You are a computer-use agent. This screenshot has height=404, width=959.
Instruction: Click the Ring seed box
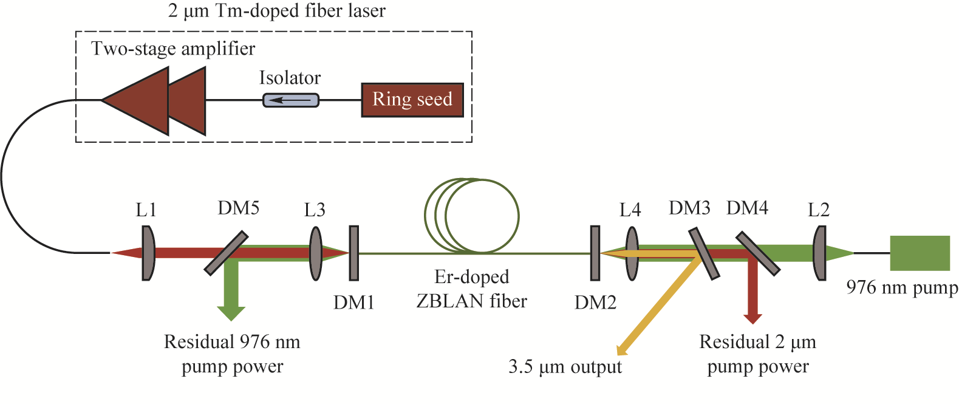[x=412, y=100]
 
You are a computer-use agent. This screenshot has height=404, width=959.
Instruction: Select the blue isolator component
[x=290, y=100]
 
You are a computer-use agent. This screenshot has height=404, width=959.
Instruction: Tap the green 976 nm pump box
[x=920, y=253]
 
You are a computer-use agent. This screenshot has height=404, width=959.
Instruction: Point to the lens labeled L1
[x=148, y=253]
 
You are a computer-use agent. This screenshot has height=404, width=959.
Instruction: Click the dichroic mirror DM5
[x=226, y=253]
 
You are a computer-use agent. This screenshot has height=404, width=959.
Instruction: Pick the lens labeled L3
[x=316, y=253]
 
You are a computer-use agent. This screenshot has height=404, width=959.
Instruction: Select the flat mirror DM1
[x=353, y=253]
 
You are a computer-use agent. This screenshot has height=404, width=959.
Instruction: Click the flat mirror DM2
[x=595, y=253]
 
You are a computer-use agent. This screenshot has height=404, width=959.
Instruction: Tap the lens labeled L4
[x=632, y=253]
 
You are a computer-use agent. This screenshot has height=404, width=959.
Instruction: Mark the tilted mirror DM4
[x=757, y=253]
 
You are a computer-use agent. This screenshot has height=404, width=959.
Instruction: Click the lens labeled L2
[x=820, y=253]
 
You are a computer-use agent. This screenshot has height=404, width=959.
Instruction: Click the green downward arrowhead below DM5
[x=231, y=313]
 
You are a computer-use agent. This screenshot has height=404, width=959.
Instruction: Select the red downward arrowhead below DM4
[x=753, y=318]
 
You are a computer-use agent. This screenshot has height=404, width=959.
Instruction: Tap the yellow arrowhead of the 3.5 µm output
[x=621, y=350]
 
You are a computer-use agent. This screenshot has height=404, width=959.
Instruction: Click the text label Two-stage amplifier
[x=173, y=49]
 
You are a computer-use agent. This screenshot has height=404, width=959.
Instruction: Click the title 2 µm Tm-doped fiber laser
[x=276, y=11]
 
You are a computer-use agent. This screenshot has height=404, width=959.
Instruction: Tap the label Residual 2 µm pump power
[x=757, y=354]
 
